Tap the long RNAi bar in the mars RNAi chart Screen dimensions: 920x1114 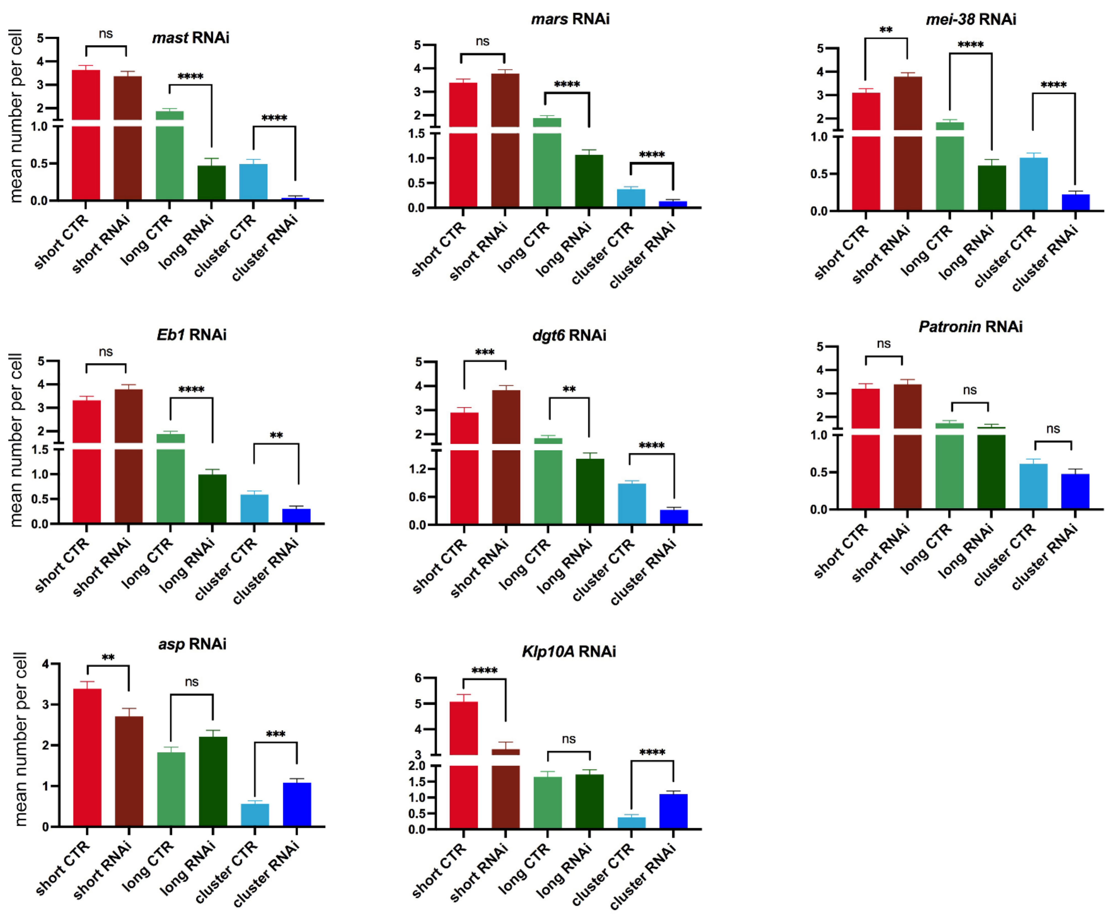tap(589, 180)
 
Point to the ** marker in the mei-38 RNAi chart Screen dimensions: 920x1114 tap(886, 30)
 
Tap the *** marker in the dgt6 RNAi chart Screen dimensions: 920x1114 tap(485, 352)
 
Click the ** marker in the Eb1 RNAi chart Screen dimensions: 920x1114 tap(276, 436)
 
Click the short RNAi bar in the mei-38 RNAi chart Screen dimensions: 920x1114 tap(907, 143)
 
